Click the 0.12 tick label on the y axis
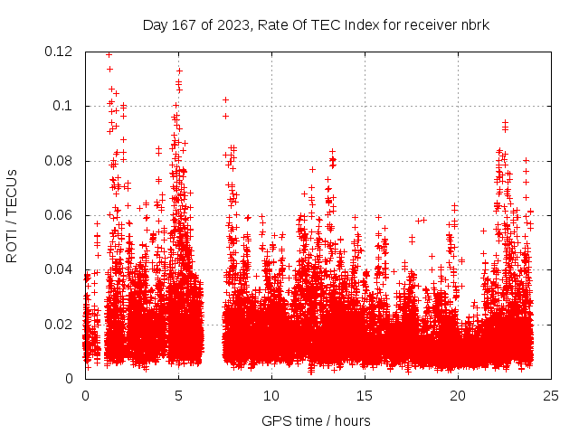61,52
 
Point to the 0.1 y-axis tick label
65,106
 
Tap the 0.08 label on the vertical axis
61,161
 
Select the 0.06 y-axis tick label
61,215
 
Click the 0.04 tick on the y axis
61,269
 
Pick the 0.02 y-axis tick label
61,324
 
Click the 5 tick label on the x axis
178,395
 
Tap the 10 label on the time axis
271,395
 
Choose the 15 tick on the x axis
365,395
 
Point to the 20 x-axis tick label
458,395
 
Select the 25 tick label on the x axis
551,395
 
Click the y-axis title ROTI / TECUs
12,215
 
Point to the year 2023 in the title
228,24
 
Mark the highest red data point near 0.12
109,54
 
